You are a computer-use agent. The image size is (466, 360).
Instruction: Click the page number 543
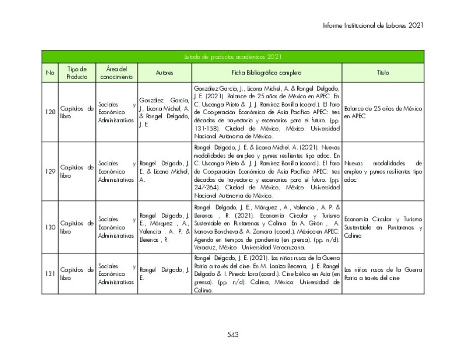(x=233, y=335)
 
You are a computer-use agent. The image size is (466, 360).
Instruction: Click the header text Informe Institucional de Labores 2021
(x=372, y=25)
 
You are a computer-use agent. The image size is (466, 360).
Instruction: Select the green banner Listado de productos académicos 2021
(x=232, y=57)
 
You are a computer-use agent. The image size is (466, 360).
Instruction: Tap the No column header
(x=50, y=73)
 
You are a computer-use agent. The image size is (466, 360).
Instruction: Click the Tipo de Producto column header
(x=77, y=73)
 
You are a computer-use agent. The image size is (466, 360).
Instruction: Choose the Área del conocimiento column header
(x=116, y=73)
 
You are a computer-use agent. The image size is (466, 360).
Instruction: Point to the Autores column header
(x=164, y=73)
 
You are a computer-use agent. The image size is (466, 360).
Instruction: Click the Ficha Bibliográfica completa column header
(x=267, y=73)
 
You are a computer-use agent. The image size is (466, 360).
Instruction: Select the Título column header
(x=383, y=73)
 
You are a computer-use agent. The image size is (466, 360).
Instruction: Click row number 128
(x=50, y=112)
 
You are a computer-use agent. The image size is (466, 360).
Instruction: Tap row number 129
(x=50, y=171)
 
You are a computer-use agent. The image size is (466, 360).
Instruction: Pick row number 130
(x=50, y=227)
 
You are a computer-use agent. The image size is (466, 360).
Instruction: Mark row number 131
(x=50, y=274)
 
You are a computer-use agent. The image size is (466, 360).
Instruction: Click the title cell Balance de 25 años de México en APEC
(x=383, y=112)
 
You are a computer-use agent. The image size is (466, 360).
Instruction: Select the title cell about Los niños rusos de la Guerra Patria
(x=383, y=274)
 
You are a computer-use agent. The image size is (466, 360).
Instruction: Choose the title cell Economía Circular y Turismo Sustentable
(x=383, y=227)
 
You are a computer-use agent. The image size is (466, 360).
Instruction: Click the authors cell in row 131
(x=164, y=274)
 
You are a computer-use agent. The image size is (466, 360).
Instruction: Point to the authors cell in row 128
(x=164, y=112)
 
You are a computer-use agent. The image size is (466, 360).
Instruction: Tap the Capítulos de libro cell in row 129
(x=77, y=171)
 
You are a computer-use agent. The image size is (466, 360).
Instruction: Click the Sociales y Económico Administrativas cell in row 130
(x=116, y=227)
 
